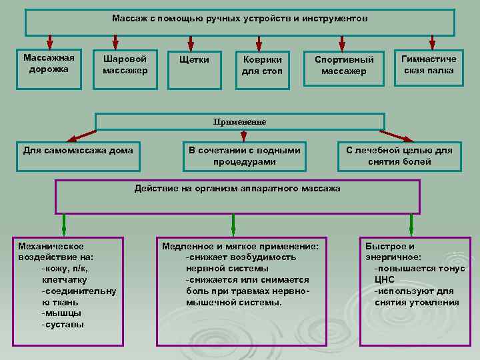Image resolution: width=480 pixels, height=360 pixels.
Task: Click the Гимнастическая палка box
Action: click(x=428, y=65)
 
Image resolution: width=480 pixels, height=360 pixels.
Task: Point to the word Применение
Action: click(x=239, y=122)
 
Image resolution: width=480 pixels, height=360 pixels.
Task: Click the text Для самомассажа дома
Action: click(x=78, y=150)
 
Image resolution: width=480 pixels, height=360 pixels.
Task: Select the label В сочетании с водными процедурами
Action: click(x=244, y=155)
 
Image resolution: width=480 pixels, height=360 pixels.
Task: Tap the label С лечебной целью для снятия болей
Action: click(x=399, y=155)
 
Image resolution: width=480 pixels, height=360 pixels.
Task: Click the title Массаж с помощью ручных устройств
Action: click(x=239, y=19)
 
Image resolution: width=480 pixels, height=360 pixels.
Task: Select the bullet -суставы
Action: click(x=63, y=325)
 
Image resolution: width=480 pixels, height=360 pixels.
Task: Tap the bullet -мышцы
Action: click(x=62, y=313)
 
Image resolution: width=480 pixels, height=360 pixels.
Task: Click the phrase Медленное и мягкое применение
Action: click(x=240, y=246)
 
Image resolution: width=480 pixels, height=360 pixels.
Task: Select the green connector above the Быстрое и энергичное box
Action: click(x=411, y=223)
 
